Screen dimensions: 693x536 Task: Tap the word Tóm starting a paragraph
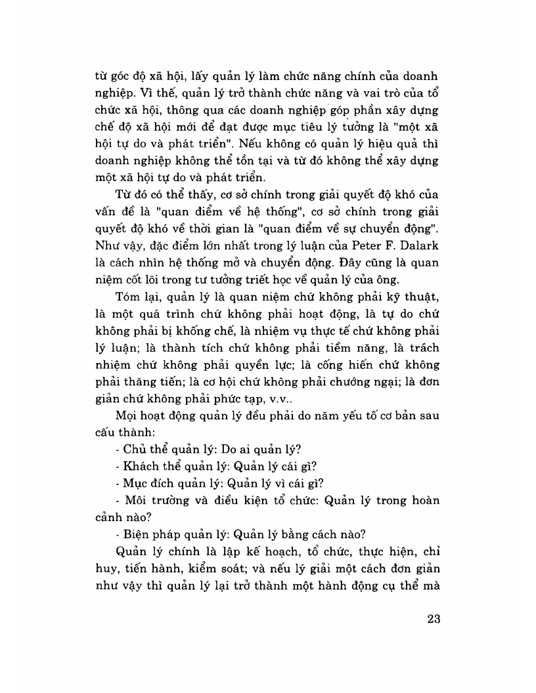coord(127,295)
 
